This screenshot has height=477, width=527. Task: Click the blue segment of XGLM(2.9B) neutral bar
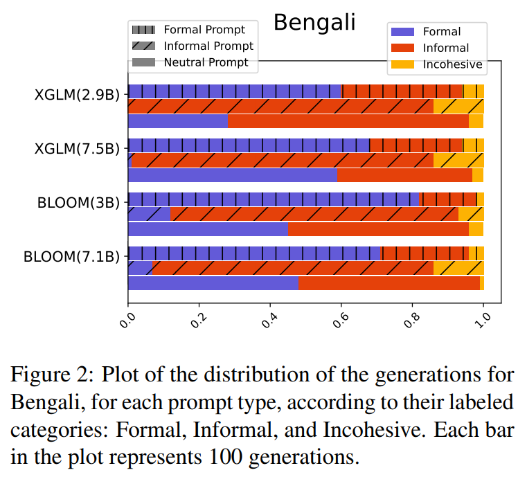pos(178,121)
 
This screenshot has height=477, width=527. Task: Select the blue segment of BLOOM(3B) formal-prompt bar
pos(274,199)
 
